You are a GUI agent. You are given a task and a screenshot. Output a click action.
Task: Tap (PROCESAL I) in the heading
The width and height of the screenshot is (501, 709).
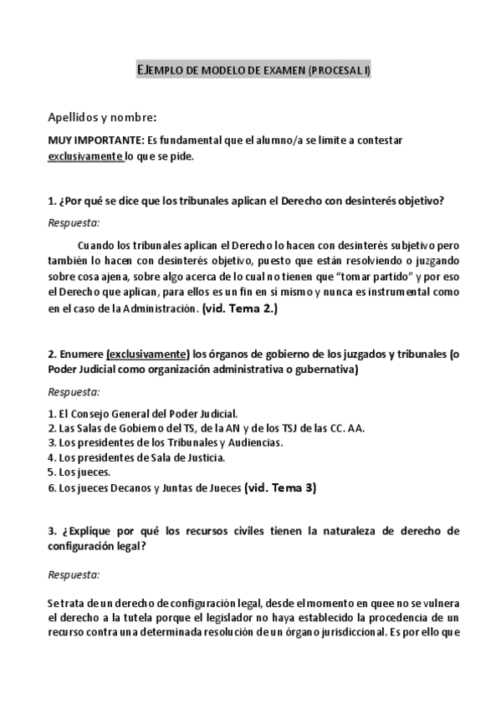(x=339, y=72)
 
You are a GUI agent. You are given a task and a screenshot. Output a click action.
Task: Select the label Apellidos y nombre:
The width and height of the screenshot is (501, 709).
(x=102, y=117)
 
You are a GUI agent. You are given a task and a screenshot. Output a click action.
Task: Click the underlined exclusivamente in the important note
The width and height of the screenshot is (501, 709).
(x=84, y=156)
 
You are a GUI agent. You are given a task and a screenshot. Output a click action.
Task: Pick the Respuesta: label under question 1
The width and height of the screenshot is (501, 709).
(x=74, y=222)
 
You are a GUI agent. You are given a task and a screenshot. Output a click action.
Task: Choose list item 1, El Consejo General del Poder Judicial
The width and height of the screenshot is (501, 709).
(x=144, y=413)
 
